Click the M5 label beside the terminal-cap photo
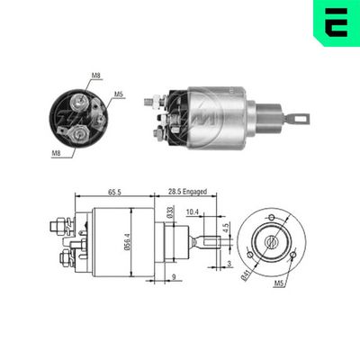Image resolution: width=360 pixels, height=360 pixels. [x=118, y=94]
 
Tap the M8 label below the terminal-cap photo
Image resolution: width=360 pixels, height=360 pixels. [x=56, y=154]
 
